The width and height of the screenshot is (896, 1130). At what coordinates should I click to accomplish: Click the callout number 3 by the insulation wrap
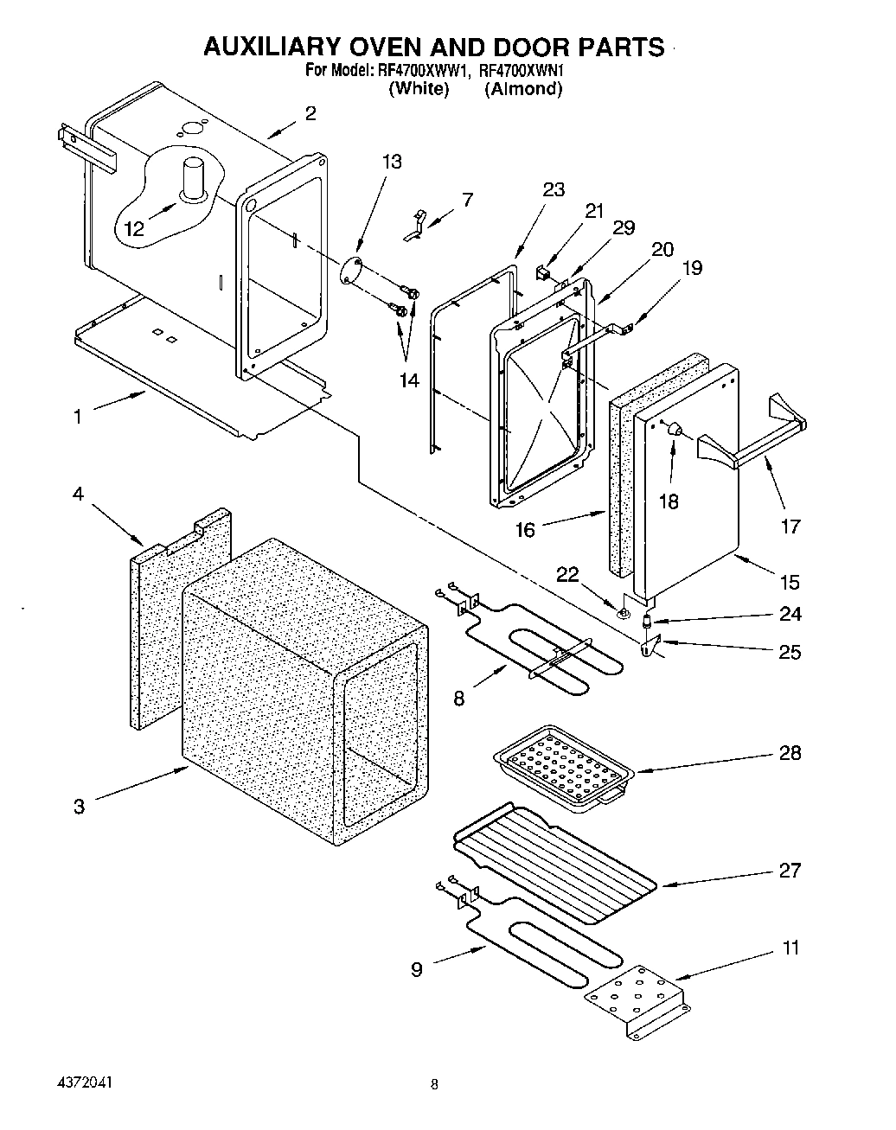[x=79, y=807]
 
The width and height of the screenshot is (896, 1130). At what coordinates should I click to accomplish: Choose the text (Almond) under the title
[x=523, y=88]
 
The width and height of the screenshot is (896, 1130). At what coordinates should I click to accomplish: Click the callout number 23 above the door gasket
[x=554, y=189]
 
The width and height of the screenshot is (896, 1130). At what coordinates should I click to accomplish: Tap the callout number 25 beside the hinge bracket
[x=790, y=652]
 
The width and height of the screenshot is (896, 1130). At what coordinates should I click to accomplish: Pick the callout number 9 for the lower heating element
[x=417, y=969]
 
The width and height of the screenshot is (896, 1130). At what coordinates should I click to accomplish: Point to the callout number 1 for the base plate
[x=78, y=417]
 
